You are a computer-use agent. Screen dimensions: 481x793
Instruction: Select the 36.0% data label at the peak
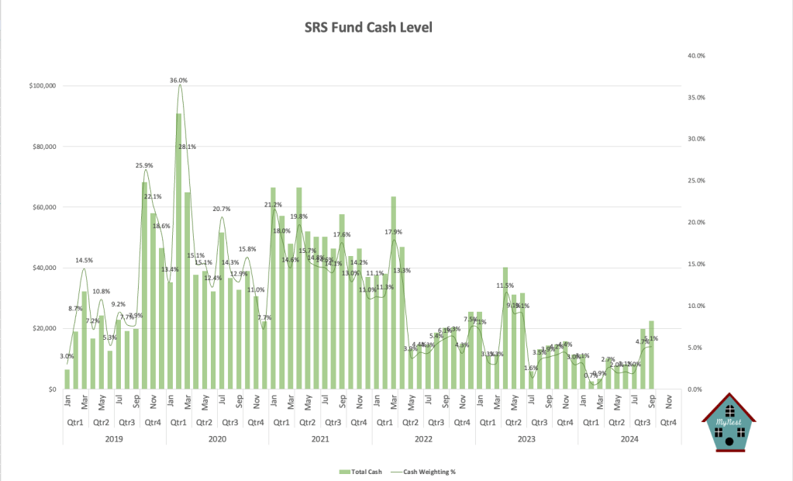click(x=179, y=80)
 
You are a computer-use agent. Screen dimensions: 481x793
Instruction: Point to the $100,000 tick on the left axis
click(x=41, y=86)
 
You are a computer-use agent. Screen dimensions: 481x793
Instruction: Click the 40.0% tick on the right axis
click(x=695, y=56)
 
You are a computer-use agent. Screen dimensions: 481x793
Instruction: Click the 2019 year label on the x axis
click(x=114, y=438)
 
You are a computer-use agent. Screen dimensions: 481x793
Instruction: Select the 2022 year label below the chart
click(x=423, y=438)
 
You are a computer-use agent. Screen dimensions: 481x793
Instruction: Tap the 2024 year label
click(x=629, y=438)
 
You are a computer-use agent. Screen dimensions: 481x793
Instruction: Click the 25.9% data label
click(x=143, y=165)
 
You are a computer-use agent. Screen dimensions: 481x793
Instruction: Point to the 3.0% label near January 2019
click(x=67, y=356)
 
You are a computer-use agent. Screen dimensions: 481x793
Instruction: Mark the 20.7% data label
click(x=222, y=209)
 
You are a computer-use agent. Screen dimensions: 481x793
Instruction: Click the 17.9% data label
click(x=393, y=232)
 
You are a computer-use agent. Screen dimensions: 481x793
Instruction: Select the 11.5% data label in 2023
click(x=505, y=286)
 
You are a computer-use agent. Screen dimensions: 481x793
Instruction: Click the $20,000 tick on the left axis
click(x=43, y=328)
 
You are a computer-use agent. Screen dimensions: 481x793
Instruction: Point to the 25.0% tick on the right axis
click(x=695, y=181)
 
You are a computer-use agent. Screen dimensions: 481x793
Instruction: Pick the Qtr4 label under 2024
click(x=667, y=423)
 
